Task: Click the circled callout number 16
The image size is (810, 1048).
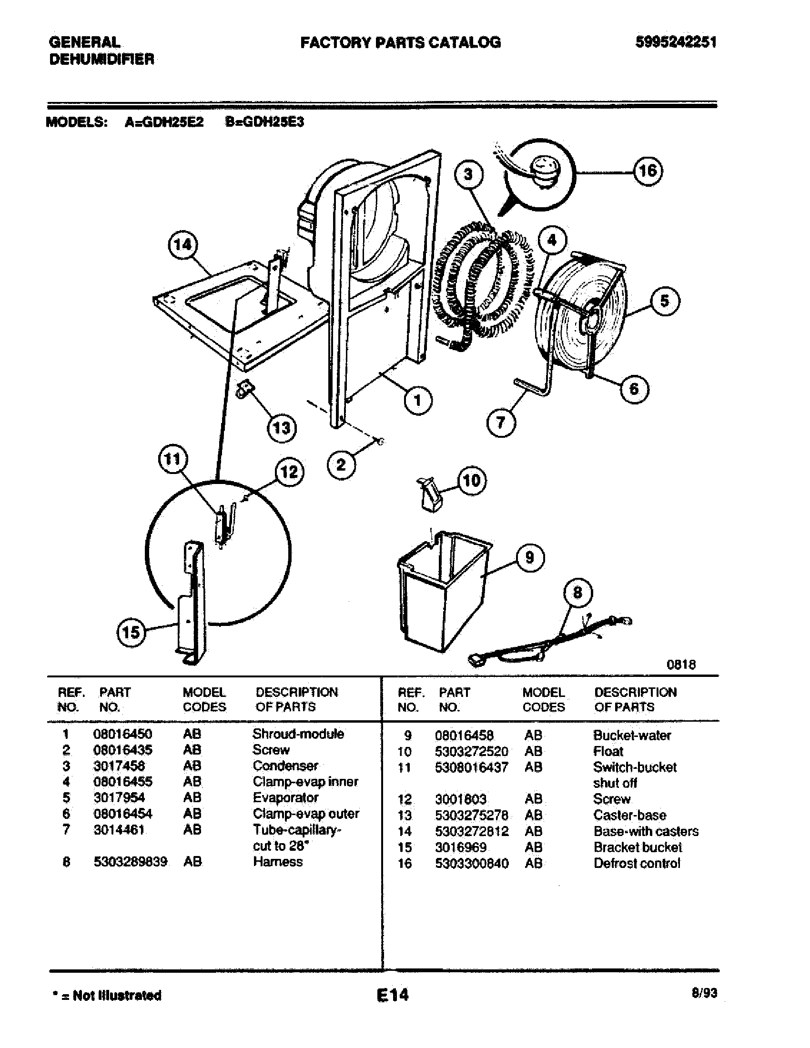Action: coord(648,171)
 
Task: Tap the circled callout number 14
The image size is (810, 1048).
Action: coord(182,245)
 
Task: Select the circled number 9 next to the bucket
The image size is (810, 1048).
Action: coord(529,558)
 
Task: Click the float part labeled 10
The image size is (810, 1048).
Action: coord(432,494)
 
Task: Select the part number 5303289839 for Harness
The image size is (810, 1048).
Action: coord(130,862)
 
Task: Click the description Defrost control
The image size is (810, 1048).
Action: coord(637,863)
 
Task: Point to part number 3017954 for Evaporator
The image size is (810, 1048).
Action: coord(119,797)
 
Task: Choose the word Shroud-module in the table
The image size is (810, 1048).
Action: coord(298,734)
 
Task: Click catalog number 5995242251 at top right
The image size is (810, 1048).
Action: coord(676,42)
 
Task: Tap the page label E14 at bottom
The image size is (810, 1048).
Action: coord(393,995)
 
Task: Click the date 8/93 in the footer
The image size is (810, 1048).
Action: coord(704,993)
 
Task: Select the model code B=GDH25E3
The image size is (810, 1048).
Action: coord(264,122)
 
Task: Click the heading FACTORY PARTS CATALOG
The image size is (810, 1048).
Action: coord(400,43)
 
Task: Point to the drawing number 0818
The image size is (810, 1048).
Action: coord(681,665)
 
